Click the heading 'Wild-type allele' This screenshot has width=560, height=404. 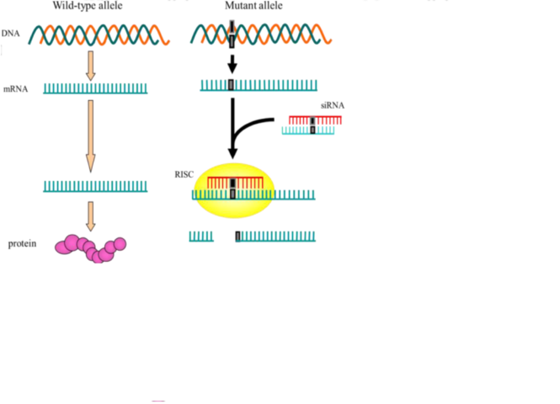pyautogui.click(x=88, y=5)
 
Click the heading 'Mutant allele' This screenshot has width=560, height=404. pyautogui.click(x=253, y=5)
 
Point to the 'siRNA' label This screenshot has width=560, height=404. pyautogui.click(x=332, y=105)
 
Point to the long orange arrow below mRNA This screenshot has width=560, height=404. pyautogui.click(x=91, y=135)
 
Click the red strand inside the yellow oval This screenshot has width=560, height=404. pyautogui.click(x=235, y=181)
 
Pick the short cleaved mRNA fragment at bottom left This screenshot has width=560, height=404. pyautogui.click(x=200, y=237)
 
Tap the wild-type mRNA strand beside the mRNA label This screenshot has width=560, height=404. pyautogui.click(x=95, y=88)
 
